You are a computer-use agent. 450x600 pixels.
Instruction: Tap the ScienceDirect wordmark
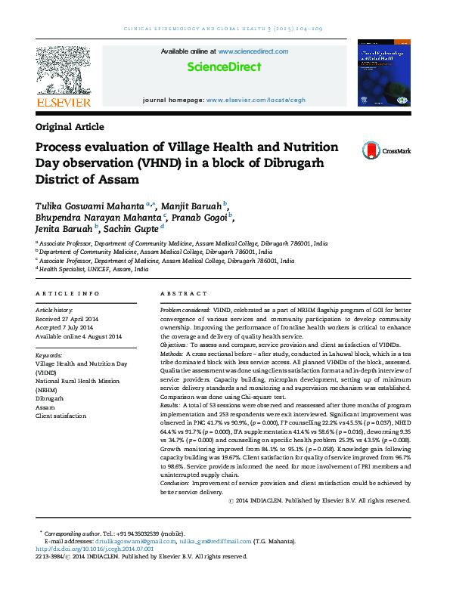pyautogui.click(x=224, y=67)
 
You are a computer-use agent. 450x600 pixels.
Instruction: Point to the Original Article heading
pyautogui.click(x=70, y=127)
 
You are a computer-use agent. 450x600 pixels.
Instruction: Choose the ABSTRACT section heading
pyautogui.click(x=184, y=292)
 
